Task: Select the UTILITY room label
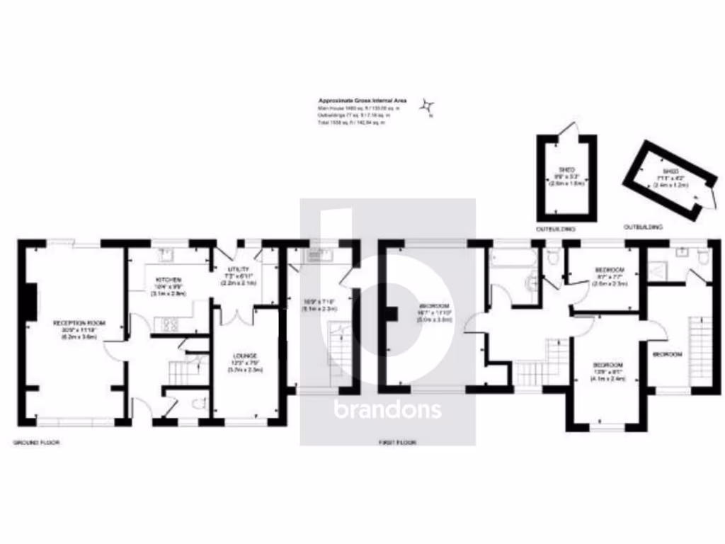(x=237, y=269)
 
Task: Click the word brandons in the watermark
(x=387, y=409)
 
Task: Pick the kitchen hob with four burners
(x=171, y=325)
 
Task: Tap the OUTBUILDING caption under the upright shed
(x=556, y=229)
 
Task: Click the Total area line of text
(x=352, y=123)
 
